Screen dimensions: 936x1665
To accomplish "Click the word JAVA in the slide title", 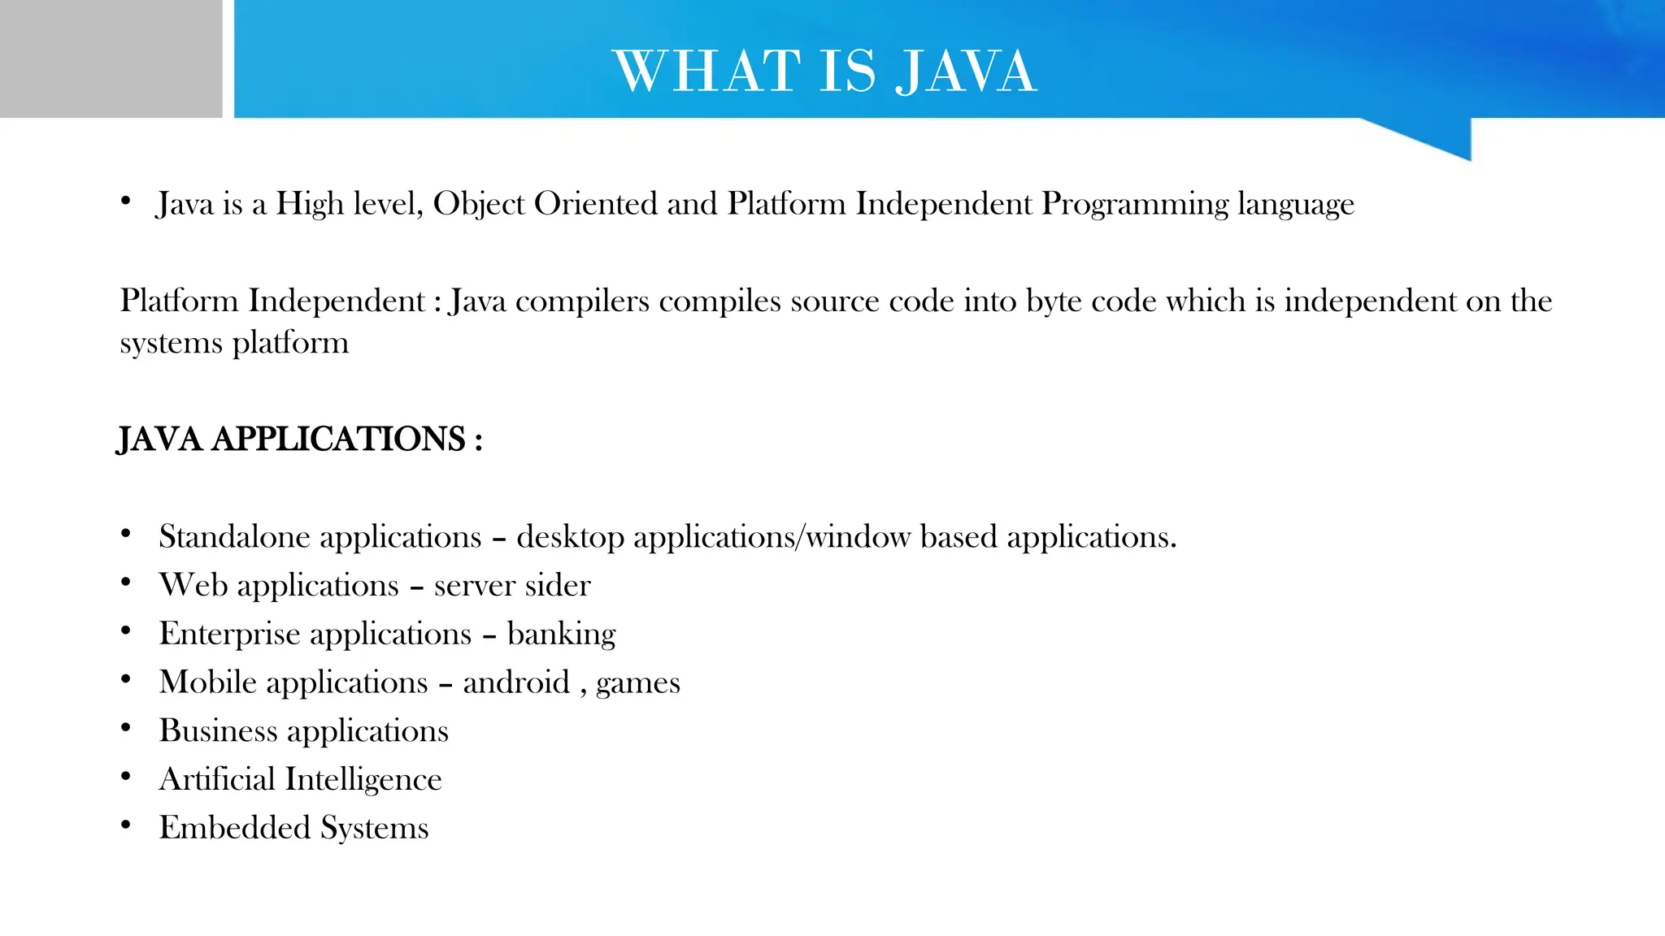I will pos(966,71).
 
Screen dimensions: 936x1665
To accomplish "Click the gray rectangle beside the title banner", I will pos(111,58).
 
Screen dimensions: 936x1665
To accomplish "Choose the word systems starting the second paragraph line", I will pos(171,344).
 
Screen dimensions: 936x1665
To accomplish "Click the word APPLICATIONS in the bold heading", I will pos(338,440).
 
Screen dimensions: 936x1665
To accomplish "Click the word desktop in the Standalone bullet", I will pos(570,538).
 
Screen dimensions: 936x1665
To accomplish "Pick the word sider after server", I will pos(558,585).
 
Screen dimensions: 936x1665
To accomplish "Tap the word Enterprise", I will pos(229,635).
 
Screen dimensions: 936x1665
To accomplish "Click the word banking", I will pos(561,635).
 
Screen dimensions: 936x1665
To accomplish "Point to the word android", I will pos(516,682).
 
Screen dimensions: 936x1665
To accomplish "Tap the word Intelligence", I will pos(363,780).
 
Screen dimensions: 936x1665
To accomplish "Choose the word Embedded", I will pos(234,828).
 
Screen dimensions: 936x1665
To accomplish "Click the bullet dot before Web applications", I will pos(125,582).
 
